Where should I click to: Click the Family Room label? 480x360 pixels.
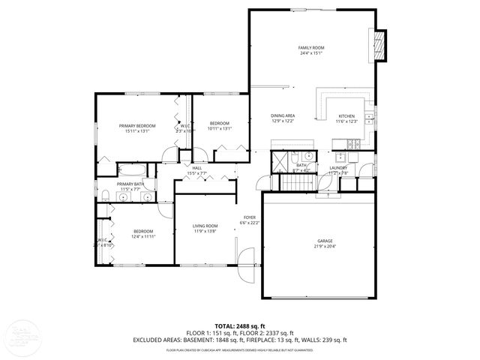(x=310, y=47)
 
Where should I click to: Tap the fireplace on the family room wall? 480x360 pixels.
(x=380, y=46)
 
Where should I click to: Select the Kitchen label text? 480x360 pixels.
(x=346, y=116)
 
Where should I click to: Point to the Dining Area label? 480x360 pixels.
(x=283, y=115)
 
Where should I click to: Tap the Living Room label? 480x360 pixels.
(x=205, y=226)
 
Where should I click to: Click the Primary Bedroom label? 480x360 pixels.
(x=136, y=125)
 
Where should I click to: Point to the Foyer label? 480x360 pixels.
(x=248, y=217)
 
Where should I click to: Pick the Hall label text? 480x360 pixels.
(x=196, y=168)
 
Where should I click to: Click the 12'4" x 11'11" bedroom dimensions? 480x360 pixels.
(x=142, y=236)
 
